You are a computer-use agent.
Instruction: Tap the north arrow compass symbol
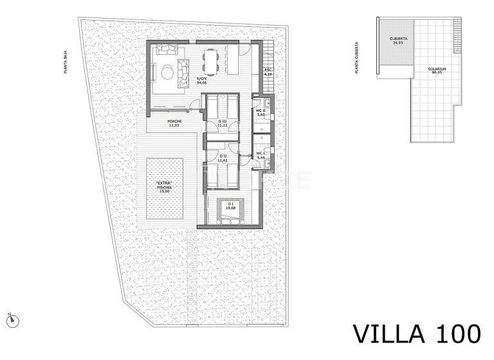[11, 318]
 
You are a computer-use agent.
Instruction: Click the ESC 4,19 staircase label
[268, 73]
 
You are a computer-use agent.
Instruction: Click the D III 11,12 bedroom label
[223, 124]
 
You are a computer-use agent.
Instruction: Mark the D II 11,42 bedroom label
[223, 157]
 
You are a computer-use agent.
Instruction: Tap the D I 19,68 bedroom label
[230, 206]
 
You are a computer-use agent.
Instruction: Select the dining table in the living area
[210, 62]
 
